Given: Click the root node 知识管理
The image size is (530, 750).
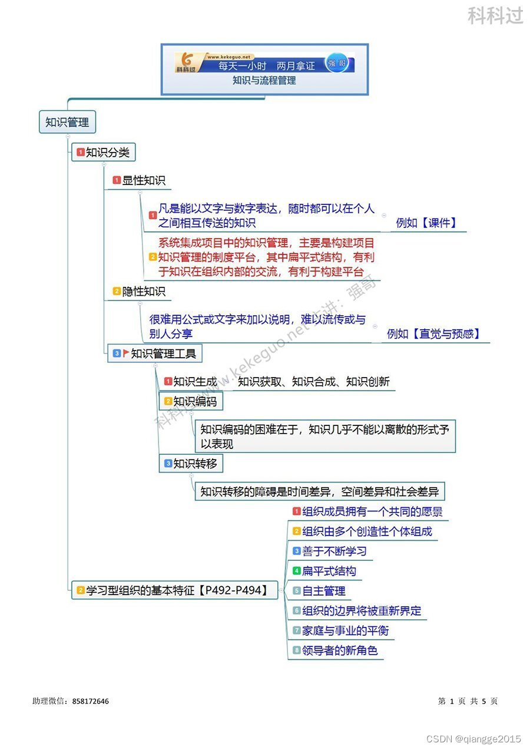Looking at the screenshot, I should tap(67, 123).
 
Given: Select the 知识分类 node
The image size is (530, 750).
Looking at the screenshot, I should tap(107, 153).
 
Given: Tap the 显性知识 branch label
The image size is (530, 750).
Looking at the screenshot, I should tap(144, 180).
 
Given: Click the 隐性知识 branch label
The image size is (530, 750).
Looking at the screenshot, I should tap(144, 291).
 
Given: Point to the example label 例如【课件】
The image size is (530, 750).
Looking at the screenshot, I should tap(426, 223).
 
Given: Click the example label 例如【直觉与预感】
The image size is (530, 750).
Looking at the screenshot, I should tap(433, 334).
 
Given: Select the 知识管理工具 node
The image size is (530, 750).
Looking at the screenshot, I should tap(163, 353).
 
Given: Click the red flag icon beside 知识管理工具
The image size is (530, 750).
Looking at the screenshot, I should tap(126, 353).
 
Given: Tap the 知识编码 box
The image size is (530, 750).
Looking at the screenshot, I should tap(194, 402).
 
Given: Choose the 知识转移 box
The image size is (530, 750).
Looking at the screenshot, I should tap(194, 464).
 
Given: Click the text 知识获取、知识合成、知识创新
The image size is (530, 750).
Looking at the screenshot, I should tap(313, 382).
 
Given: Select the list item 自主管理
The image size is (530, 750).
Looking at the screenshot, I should tap(323, 591).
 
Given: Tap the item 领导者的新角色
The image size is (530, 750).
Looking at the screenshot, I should tap(340, 651).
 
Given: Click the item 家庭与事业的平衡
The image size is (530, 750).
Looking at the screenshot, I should tap(345, 631).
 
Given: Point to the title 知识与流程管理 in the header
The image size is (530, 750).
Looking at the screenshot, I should tap(264, 81).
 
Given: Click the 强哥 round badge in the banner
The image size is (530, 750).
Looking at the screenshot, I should tap(338, 63).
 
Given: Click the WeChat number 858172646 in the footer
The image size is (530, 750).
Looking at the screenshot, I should tap(91, 701).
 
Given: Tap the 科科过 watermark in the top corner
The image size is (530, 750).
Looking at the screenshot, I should tap(495, 16).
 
